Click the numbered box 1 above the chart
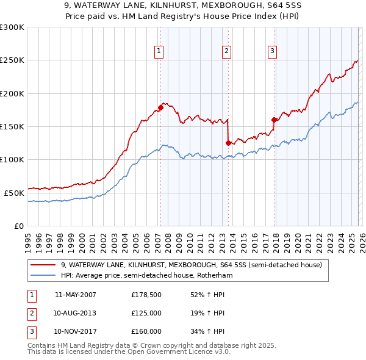click(x=159, y=51)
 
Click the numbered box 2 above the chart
click(x=226, y=51)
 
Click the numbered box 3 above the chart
click(x=272, y=51)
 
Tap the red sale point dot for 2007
click(x=160, y=107)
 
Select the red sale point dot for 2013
click(x=228, y=143)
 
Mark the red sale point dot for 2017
click(x=274, y=120)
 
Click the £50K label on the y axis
click(x=14, y=193)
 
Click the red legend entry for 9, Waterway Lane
click(x=195, y=265)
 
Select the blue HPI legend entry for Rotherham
click(x=146, y=275)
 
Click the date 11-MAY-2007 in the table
click(x=75, y=295)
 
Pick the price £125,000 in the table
click(x=146, y=313)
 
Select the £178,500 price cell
click(x=146, y=295)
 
